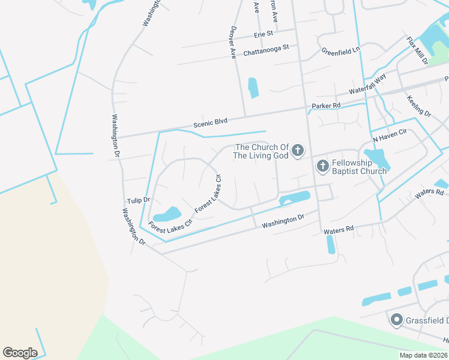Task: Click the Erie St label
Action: tap(264, 34)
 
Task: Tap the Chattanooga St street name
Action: tap(266, 50)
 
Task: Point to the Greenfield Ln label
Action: tap(340, 51)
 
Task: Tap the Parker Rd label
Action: tap(326, 106)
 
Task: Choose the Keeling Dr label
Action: tap(418, 106)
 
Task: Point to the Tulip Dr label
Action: tap(138, 200)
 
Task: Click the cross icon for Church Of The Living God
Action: tap(298, 152)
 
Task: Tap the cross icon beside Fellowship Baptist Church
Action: tap(322, 166)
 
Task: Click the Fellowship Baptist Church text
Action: tap(359, 166)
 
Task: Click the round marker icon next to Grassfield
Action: tap(396, 320)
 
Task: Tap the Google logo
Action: tap(20, 353)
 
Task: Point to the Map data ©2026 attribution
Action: tap(423, 355)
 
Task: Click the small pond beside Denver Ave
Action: tap(253, 88)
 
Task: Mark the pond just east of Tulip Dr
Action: tap(167, 214)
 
